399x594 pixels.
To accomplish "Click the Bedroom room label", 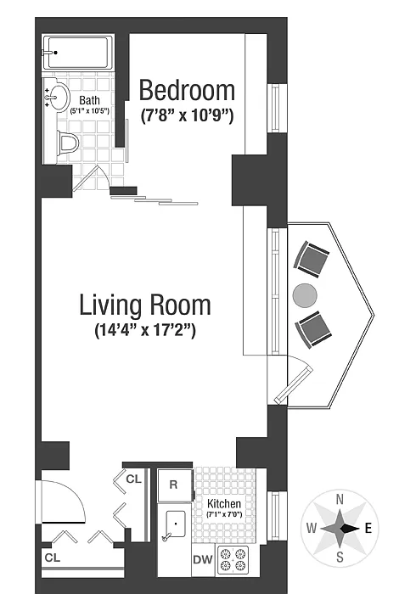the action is (187, 91).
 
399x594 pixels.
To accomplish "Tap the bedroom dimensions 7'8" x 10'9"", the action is (187, 115).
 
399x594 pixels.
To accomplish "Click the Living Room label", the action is (145, 305).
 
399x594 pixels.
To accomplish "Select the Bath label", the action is (90, 100).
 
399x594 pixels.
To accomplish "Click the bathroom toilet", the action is (67, 143).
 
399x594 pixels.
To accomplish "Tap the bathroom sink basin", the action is (59, 98).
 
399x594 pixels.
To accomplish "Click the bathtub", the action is (78, 53).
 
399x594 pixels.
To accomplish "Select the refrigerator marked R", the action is (175, 485).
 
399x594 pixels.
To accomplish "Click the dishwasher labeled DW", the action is (203, 559).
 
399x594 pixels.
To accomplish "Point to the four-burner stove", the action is (233, 560).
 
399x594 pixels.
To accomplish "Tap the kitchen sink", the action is (176, 524).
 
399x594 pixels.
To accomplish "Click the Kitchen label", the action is (224, 503).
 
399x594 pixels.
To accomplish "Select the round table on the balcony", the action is (305, 295).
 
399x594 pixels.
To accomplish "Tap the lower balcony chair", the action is (313, 329).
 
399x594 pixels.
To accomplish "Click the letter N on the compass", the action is (340, 500).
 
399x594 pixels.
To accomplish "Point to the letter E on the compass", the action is (368, 528).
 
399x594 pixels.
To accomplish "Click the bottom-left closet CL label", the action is (53, 558).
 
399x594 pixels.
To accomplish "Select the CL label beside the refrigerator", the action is (133, 479).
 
